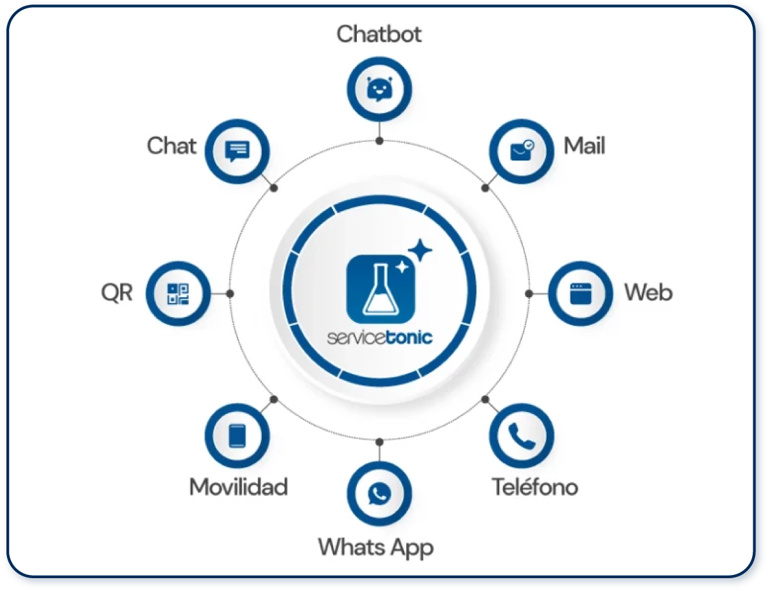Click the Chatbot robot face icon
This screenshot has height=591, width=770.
pos(379,89)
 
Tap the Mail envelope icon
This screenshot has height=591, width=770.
pos(522,151)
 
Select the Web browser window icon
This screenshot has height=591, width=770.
pos(581,293)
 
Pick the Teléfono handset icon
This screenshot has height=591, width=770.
pos(522,436)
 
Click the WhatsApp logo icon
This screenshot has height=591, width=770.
pos(379,493)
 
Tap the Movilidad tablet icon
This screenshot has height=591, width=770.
pos(237,436)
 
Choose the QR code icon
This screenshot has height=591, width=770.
pos(178,294)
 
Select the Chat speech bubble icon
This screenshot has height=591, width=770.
pos(237,151)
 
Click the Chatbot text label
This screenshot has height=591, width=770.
pos(379,35)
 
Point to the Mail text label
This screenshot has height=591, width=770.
pos(585,146)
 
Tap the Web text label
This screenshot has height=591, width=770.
pos(648,293)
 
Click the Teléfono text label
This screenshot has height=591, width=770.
pos(535,486)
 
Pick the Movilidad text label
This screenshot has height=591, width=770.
pos(239,487)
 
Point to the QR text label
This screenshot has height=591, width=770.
pos(117,293)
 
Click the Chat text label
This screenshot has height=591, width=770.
pos(171,146)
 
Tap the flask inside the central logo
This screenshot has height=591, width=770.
pos(381,289)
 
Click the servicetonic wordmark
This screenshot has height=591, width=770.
pos(379,338)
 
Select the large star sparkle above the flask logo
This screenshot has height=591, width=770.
pos(420,250)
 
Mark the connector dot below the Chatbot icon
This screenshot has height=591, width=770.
pos(379,141)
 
